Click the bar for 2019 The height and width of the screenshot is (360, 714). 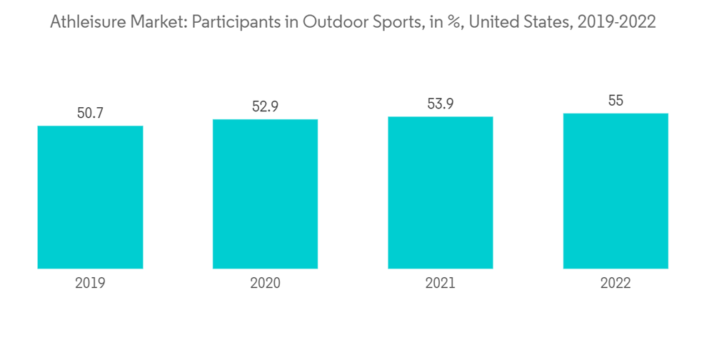(x=90, y=197)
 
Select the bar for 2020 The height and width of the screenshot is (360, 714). (x=265, y=194)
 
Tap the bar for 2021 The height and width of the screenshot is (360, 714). (x=441, y=192)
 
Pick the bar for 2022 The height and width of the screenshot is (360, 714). (x=615, y=191)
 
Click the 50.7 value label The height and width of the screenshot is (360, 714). (x=90, y=113)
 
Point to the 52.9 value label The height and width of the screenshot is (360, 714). (x=265, y=106)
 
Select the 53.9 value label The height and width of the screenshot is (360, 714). (x=441, y=104)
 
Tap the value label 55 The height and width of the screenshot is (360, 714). (x=615, y=101)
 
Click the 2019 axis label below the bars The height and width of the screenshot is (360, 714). (x=90, y=284)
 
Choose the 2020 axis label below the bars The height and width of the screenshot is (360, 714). (x=265, y=284)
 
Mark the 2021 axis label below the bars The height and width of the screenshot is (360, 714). (x=441, y=284)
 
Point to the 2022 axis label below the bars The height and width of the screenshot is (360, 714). (x=615, y=284)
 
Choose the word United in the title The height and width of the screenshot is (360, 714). (x=491, y=22)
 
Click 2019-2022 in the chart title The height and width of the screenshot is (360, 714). (x=616, y=22)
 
